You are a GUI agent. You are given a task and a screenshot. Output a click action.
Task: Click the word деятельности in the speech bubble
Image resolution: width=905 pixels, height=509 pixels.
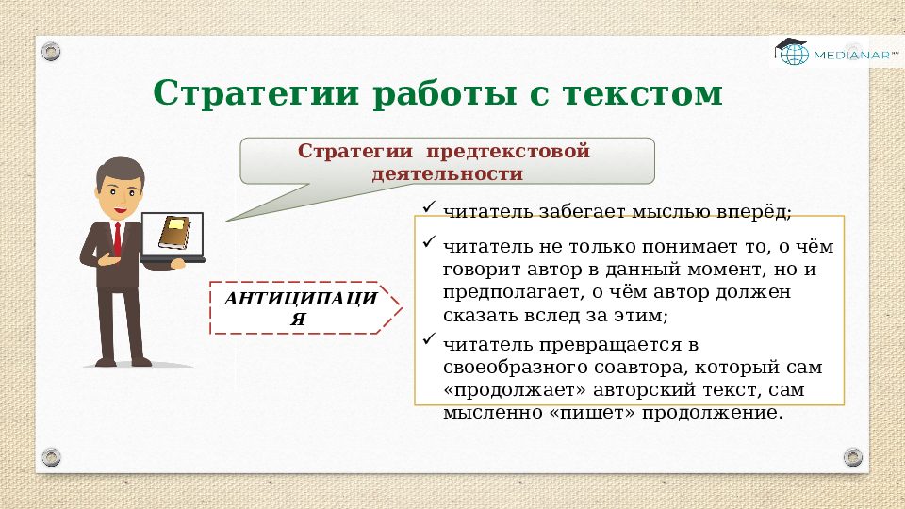click(x=447, y=173)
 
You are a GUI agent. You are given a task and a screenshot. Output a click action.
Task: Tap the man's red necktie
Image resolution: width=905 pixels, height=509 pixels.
click(x=117, y=239)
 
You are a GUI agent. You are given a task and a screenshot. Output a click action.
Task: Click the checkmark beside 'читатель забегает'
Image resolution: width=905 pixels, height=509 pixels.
click(x=429, y=206)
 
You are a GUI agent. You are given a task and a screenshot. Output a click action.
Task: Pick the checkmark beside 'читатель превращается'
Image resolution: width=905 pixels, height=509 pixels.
click(x=429, y=339)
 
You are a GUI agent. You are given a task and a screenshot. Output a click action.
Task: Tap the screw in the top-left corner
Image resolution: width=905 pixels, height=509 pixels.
click(x=51, y=49)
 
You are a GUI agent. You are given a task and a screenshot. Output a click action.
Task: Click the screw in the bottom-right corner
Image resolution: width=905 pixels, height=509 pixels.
click(x=852, y=457)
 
